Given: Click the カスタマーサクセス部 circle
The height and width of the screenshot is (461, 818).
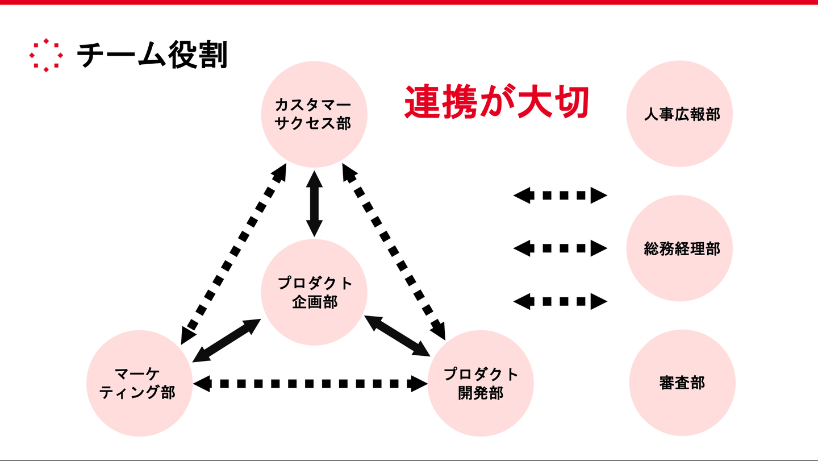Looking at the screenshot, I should tap(314, 114).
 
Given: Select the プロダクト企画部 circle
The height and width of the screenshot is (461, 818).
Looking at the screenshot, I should tap(314, 292).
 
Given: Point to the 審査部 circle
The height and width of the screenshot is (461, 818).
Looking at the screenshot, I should tap(682, 383).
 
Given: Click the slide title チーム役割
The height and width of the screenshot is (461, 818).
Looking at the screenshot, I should tap(152, 56).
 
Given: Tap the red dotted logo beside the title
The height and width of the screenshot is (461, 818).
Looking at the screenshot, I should tap(46, 56).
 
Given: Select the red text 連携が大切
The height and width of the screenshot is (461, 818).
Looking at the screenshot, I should tap(495, 102).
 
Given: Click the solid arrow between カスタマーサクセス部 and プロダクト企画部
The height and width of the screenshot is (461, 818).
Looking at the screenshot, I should tap(314, 203).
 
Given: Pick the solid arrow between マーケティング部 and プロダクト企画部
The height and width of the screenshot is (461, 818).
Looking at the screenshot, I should tap(227, 340).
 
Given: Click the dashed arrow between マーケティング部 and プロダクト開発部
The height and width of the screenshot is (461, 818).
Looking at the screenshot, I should tap(310, 384).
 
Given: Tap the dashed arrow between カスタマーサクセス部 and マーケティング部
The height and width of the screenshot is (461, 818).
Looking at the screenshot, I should tap(233, 252).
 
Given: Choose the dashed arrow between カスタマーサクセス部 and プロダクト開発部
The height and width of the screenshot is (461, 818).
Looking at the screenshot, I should tap(394, 250).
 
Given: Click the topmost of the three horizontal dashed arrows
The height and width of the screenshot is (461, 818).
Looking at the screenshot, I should tap(560, 196).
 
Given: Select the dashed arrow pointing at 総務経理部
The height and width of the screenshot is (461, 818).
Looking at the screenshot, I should tap(560, 248).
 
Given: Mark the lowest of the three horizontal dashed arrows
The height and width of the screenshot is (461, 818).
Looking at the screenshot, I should tap(560, 301).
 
